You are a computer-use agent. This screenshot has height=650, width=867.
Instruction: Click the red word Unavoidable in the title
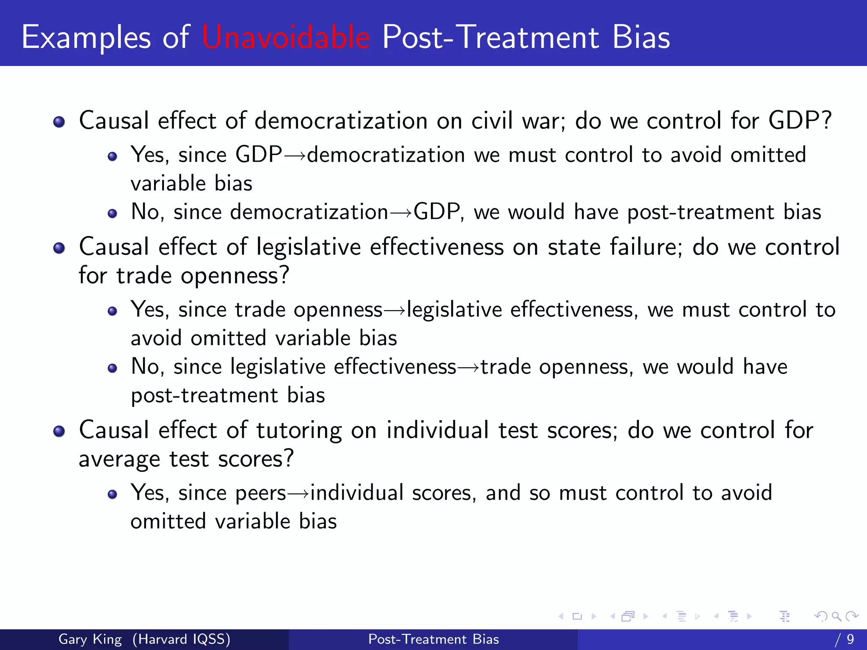286,37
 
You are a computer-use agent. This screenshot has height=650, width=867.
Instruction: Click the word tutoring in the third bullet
299,431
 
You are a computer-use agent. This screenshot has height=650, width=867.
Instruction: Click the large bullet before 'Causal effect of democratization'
59,122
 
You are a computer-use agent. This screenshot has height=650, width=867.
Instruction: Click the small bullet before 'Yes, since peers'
112,494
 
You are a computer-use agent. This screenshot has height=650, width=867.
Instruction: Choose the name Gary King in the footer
90,639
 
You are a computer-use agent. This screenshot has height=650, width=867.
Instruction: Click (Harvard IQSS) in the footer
181,639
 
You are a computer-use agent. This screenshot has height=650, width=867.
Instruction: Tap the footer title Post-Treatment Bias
433,639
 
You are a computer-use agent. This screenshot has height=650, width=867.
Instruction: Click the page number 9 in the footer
850,639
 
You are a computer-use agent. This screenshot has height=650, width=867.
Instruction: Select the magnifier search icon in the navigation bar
836,616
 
